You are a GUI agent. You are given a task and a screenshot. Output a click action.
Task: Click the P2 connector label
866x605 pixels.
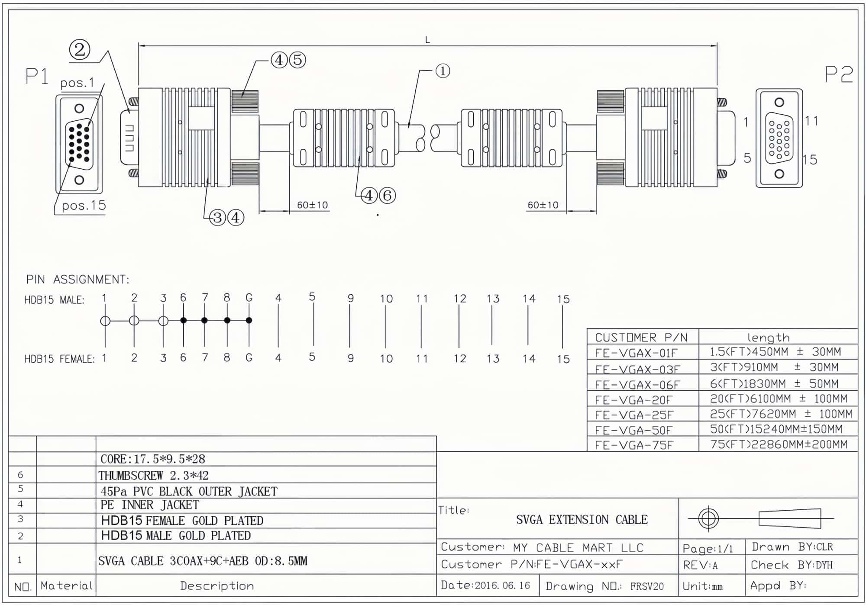point(839,74)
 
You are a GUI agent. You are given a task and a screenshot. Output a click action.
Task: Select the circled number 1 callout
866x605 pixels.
point(443,71)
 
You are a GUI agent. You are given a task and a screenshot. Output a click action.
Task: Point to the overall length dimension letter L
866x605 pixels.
point(427,40)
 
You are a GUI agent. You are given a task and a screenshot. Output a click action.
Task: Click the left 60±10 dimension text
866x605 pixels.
point(312,205)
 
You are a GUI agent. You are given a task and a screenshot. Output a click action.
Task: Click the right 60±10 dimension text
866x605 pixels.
point(543,205)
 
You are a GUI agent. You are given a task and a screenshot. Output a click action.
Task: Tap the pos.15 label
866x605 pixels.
point(84,205)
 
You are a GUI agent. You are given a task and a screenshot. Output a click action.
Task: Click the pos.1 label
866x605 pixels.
point(77,83)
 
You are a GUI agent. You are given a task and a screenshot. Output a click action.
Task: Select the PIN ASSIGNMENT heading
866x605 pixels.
point(78,280)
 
